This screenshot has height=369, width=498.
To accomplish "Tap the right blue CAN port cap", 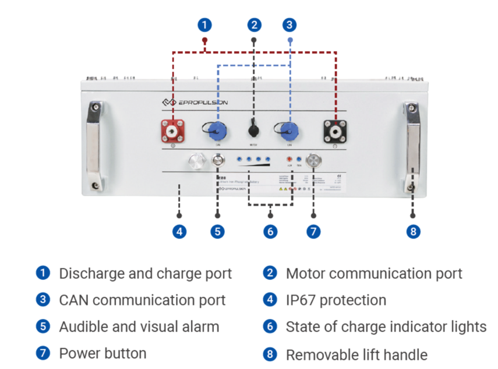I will point(287,130).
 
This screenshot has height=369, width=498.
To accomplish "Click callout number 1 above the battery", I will point(204,24).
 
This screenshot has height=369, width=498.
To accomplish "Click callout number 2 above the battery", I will point(253,24).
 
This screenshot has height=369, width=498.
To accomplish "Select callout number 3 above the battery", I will point(290,24).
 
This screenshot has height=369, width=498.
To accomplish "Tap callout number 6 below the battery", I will point(270,231).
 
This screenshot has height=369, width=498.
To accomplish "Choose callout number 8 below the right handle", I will point(413,231).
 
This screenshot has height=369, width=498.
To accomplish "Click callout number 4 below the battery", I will point(179,231).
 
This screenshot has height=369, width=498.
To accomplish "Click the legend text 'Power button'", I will point(103,353).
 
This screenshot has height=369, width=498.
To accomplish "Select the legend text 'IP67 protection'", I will point(336,300).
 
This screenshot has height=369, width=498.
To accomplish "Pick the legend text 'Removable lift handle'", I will point(356,354).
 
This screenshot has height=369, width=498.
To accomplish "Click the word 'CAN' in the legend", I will point(74,300).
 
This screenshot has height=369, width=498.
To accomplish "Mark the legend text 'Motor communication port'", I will point(374,273).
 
